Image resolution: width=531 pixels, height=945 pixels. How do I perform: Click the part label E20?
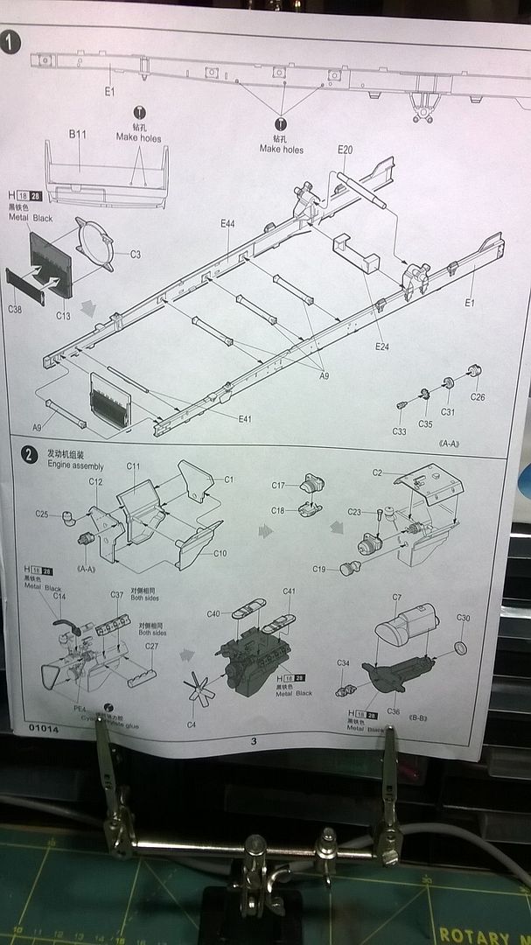[345, 150]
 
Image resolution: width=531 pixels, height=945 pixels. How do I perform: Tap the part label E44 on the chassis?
[227, 224]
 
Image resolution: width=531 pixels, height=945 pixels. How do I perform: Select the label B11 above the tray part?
[79, 135]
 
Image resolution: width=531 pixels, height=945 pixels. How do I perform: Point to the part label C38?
[16, 310]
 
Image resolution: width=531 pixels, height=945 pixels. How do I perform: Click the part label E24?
[381, 346]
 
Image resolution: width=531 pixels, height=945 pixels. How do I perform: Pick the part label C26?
[477, 397]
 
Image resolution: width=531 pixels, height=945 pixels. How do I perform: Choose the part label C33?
[398, 431]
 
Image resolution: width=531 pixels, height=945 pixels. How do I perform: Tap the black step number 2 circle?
[29, 455]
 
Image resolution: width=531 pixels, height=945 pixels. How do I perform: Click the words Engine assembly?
[75, 466]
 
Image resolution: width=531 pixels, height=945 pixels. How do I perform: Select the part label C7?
[396, 598]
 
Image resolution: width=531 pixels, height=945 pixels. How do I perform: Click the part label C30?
[463, 618]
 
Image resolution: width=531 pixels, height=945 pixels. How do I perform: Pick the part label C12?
[96, 482]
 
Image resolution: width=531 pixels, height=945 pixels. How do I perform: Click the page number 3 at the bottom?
[255, 741]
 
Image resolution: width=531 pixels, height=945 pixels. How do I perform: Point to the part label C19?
[319, 570]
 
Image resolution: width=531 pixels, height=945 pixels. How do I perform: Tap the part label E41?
[246, 419]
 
